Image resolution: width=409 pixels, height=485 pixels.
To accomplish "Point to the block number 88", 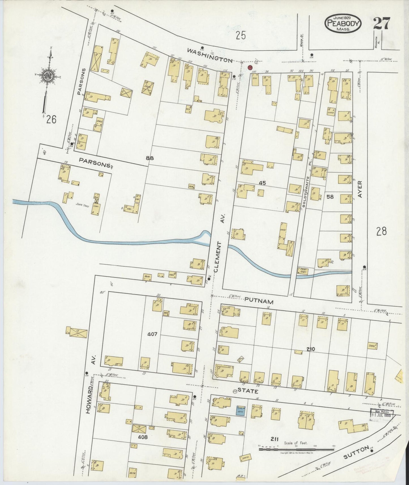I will [x=150, y=158].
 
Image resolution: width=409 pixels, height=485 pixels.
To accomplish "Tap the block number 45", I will [x=262, y=183].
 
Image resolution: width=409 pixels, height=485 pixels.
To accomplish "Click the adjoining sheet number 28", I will [x=381, y=231].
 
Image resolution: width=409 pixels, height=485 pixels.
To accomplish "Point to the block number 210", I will [x=311, y=349].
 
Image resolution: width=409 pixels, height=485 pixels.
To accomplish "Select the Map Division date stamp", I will [x=382, y=415].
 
